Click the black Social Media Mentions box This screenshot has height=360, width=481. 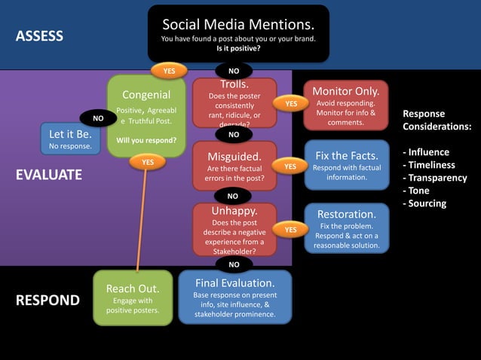[237, 33]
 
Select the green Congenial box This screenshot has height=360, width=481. [146, 116]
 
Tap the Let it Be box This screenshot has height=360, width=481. [70, 140]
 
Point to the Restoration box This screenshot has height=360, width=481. [346, 228]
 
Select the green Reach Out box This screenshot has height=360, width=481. [132, 298]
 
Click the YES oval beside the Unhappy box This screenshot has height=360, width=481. [290, 228]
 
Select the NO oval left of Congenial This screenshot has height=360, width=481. [98, 119]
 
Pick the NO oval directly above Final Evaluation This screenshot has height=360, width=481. [234, 264]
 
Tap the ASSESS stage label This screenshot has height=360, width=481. [40, 36]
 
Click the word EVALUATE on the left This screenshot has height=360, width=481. [49, 175]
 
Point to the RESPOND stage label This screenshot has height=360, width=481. [48, 301]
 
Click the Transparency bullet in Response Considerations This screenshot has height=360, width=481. [437, 178]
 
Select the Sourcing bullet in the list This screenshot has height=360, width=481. [427, 203]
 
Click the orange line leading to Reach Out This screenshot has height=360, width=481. [139, 226]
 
